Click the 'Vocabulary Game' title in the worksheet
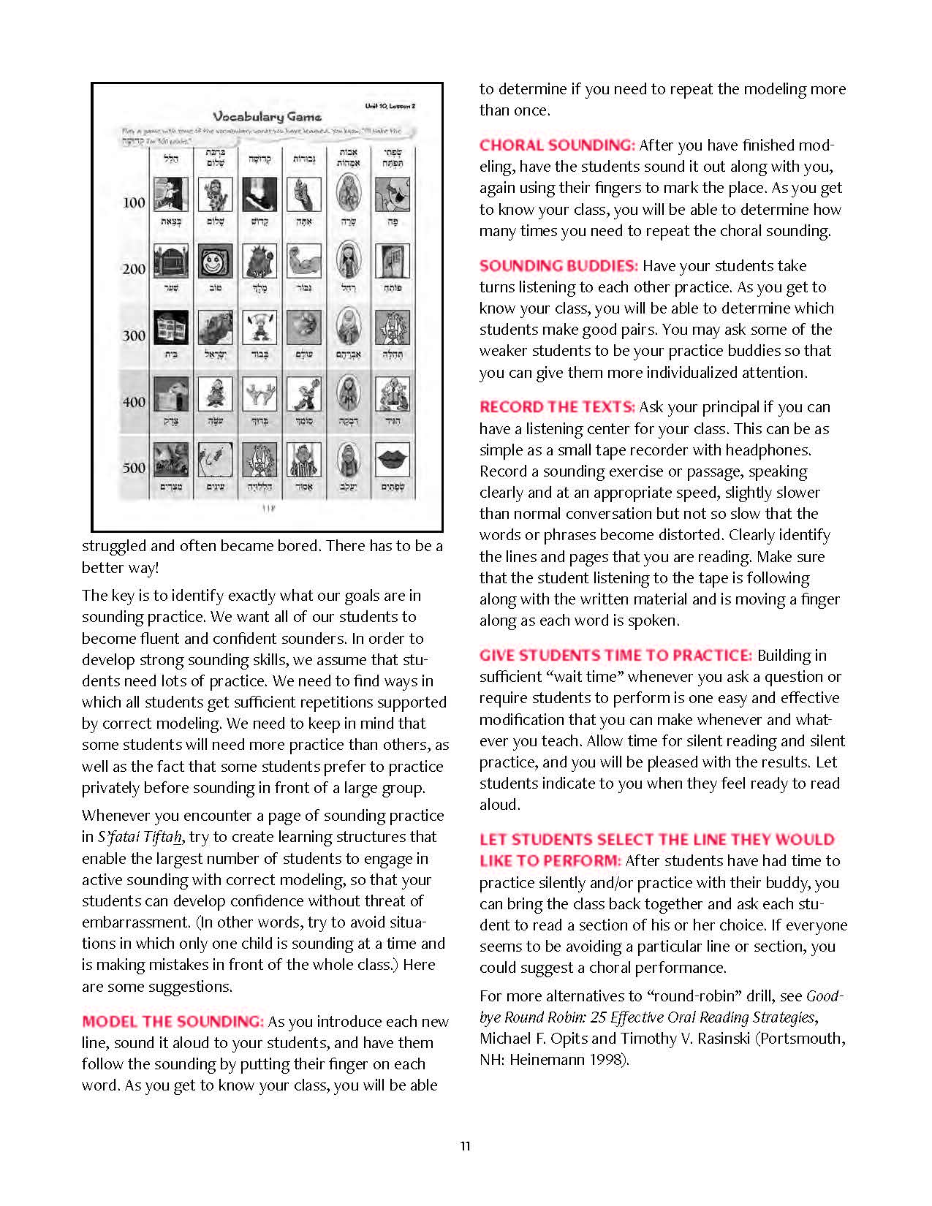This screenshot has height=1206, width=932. click(267, 117)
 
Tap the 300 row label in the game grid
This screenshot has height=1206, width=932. click(134, 335)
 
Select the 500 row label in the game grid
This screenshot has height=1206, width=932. click(134, 468)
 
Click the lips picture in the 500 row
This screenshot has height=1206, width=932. click(393, 459)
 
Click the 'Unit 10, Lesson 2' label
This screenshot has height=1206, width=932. click(390, 106)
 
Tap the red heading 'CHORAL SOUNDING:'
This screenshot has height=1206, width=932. click(557, 145)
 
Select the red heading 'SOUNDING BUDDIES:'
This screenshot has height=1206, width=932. click(558, 266)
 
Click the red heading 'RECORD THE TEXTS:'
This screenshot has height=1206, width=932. click(557, 407)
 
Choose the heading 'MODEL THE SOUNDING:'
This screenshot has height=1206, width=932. click(173, 1022)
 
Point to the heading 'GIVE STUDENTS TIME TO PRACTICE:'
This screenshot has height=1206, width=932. click(615, 656)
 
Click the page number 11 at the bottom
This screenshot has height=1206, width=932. click(466, 1146)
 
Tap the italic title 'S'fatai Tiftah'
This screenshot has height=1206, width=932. click(140, 837)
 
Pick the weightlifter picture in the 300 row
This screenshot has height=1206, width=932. click(259, 327)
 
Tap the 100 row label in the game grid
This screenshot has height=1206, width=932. click(134, 202)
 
